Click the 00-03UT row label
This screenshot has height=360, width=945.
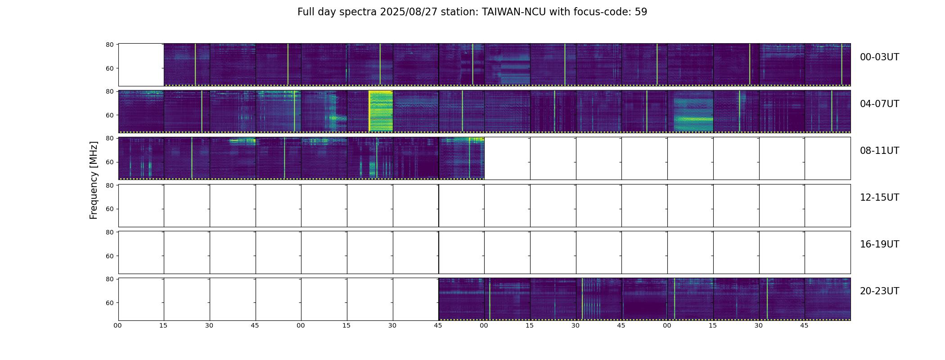[879, 57]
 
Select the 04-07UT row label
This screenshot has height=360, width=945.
[879, 104]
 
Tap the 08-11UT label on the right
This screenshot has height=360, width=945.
[879, 151]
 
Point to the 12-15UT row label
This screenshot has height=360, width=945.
[879, 198]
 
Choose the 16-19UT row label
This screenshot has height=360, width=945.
[879, 244]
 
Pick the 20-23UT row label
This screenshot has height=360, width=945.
[879, 291]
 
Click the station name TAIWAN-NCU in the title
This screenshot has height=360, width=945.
[514, 12]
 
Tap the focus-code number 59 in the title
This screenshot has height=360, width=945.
[641, 12]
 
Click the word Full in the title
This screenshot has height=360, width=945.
[306, 12]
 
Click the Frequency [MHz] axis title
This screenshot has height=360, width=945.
[94, 180]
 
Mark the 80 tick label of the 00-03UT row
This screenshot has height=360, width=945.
[109, 45]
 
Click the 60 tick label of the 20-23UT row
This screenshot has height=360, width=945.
[109, 303]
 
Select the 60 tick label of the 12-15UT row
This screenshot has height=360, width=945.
[109, 209]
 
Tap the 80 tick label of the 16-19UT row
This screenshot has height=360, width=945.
[109, 232]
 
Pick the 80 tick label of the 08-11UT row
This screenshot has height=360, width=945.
[109, 139]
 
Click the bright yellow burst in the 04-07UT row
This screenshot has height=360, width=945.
[381, 111]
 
